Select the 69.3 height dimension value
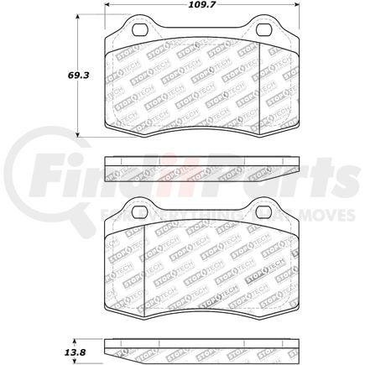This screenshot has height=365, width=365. click(x=55, y=75)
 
